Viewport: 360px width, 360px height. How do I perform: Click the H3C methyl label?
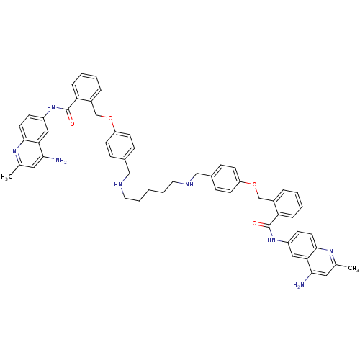click(6, 177)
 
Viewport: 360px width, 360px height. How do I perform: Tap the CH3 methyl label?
click(353, 268)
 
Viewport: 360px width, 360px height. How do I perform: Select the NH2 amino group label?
click(61, 160)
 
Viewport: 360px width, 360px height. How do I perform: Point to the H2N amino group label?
click(299, 284)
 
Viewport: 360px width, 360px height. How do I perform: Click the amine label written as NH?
click(189, 184)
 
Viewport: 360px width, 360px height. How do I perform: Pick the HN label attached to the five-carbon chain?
click(119, 184)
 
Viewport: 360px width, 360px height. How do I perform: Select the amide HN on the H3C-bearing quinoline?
click(51, 107)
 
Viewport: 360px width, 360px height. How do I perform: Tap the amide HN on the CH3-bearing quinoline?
click(271, 240)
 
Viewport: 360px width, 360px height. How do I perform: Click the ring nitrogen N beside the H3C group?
click(14, 151)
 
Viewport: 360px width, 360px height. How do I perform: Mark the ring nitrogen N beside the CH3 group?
click(331, 251)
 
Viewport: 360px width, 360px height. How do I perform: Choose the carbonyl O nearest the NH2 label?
click(72, 124)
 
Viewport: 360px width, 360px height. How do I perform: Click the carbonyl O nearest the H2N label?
click(255, 224)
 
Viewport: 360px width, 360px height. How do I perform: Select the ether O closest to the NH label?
click(254, 184)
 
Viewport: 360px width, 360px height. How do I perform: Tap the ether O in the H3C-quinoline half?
click(110, 118)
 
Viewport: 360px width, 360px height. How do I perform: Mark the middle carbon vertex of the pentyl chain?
click(149, 190)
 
